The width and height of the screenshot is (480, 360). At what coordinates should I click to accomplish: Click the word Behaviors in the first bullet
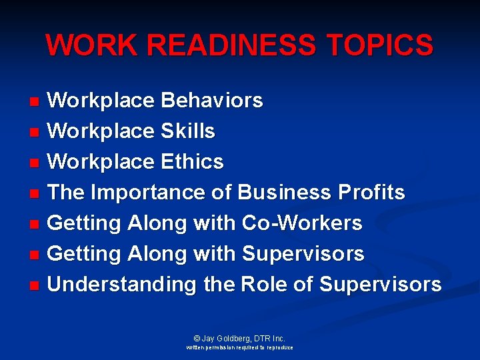click(212, 101)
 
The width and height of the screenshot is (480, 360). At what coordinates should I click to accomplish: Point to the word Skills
click(188, 131)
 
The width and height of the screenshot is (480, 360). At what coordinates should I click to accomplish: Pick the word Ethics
click(192, 162)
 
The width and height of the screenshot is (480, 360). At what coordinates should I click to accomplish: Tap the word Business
click(284, 193)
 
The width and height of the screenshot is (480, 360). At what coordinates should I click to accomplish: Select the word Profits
click(371, 193)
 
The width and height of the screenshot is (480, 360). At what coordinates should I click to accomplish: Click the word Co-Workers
click(303, 223)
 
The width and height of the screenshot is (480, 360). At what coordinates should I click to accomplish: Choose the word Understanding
click(123, 285)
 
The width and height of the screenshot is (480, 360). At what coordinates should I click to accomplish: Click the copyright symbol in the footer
click(197, 339)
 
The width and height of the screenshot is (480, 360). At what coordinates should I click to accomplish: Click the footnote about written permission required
click(239, 348)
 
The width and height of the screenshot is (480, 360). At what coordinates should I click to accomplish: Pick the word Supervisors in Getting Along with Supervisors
click(303, 254)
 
